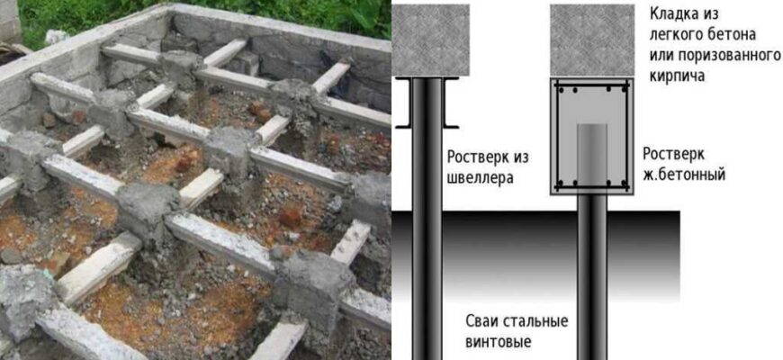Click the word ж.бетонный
(684, 175)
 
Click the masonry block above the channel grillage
(430, 40)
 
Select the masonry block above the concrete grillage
(592, 40)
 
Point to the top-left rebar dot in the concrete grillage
(562, 90)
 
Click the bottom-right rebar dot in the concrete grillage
(623, 183)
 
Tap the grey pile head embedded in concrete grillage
(592, 155)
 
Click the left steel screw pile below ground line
(427, 284)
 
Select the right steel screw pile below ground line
(592, 284)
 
